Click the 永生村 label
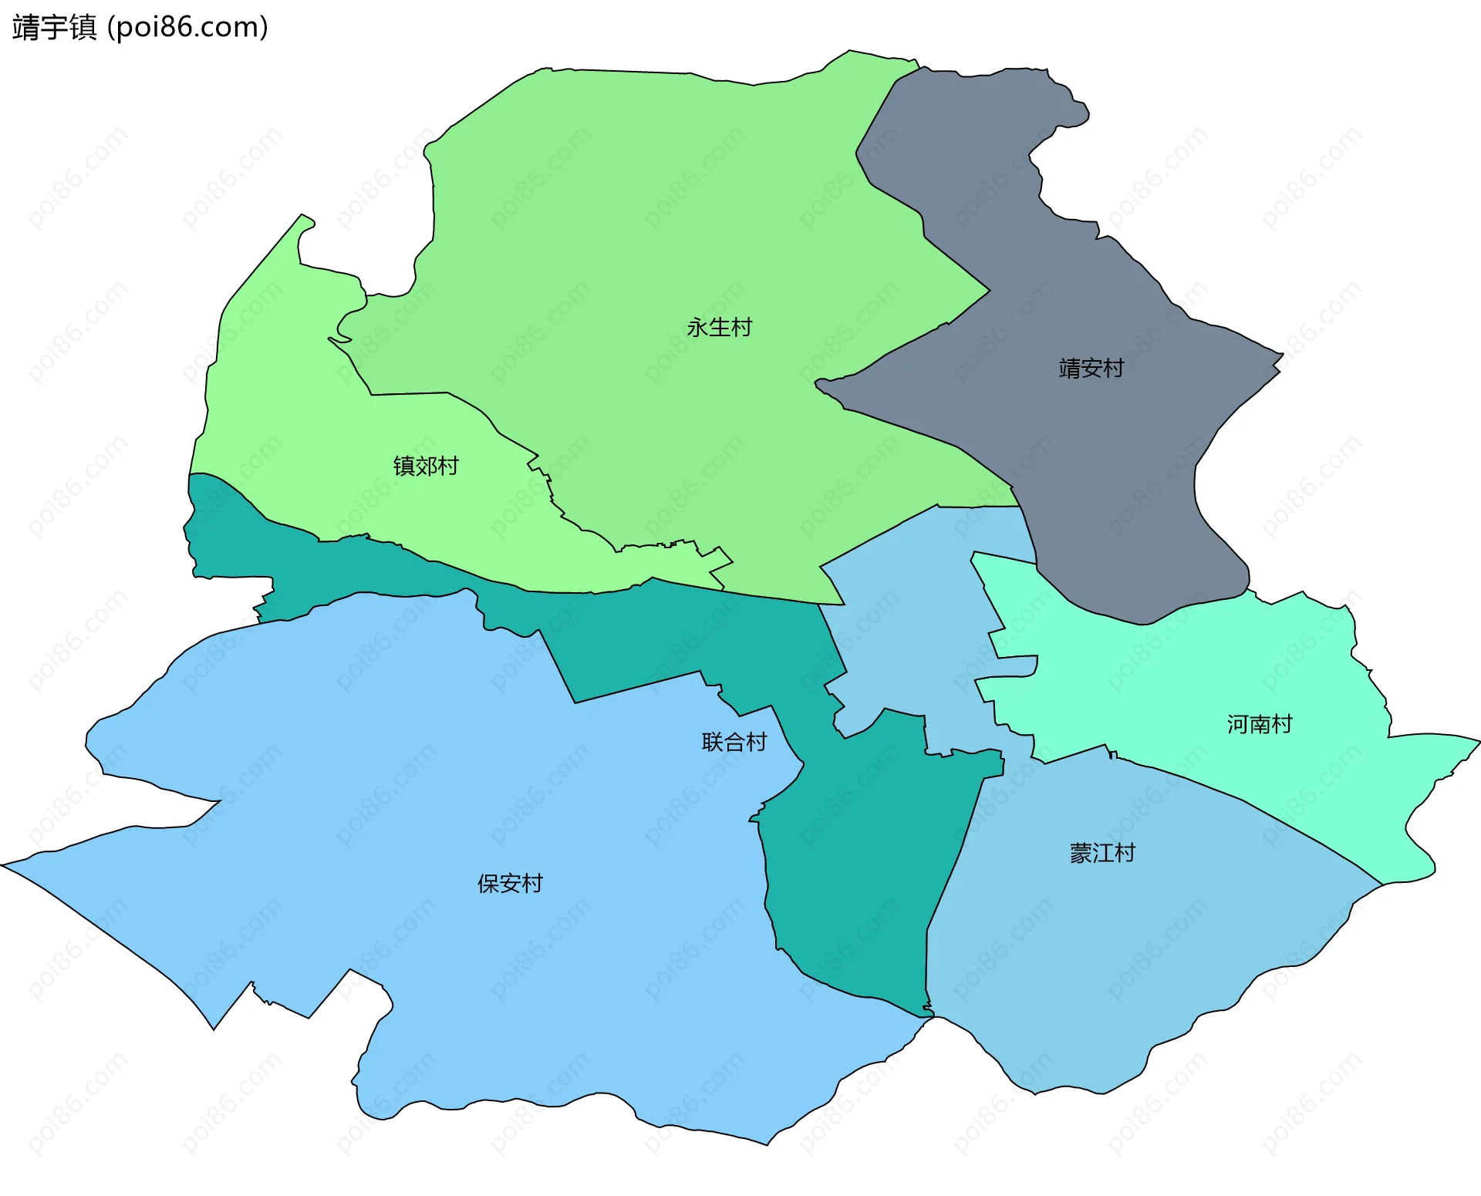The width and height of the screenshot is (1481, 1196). click(719, 328)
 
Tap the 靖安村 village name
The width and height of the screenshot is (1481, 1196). click(1091, 369)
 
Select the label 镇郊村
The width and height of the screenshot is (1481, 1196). click(426, 466)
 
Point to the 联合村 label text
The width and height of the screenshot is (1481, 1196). click(734, 742)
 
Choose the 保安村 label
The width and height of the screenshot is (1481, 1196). click(510, 883)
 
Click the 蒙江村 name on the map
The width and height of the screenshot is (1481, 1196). click(1102, 853)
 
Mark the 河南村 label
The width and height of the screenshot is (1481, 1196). click(1260, 724)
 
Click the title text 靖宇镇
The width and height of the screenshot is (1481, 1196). click(55, 28)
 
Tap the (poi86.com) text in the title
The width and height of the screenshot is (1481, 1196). click(187, 28)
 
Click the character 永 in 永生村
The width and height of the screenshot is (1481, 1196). click(697, 328)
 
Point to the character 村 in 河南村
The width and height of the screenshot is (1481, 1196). click(1282, 724)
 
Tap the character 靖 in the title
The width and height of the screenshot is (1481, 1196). click(26, 28)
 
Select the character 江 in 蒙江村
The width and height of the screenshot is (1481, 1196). click(1102, 853)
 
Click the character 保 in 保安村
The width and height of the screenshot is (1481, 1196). click(488, 883)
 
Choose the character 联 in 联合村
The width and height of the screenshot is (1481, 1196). click(713, 742)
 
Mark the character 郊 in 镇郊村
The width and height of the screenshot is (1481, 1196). click(426, 466)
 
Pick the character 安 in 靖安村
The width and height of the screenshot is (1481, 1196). click(1091, 369)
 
